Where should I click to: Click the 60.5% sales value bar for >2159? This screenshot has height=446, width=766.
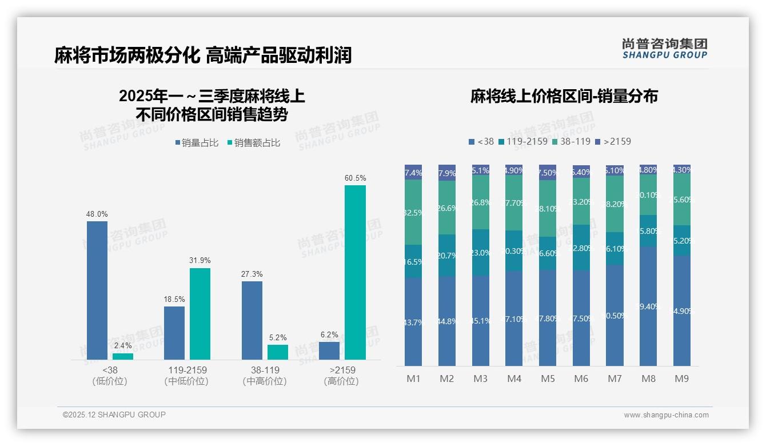355,272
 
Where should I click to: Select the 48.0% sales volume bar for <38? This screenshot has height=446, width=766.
97,290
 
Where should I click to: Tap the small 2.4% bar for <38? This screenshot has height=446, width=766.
123,356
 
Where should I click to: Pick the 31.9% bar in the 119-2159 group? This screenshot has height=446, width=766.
200,313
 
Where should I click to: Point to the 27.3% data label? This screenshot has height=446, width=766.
252,274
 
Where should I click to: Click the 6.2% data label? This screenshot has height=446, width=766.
329,335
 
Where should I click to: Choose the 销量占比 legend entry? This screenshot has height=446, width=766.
197,143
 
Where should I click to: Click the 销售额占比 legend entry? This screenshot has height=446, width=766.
254,143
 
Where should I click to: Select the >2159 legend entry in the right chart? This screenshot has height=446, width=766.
613,141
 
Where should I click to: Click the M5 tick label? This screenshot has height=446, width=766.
548,379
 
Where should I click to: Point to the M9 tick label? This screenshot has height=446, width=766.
682,379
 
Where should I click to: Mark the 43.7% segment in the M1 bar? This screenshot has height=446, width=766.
413,322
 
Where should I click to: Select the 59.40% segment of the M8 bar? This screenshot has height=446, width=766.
648,306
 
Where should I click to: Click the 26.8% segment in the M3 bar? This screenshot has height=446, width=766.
481,202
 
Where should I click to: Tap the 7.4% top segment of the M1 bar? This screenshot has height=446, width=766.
413,172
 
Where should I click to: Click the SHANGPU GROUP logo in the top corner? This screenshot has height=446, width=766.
664,48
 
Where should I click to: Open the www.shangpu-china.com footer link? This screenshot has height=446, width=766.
666,415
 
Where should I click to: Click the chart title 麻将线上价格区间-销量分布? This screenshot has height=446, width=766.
564,96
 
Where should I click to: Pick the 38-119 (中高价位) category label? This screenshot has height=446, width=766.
265,376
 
